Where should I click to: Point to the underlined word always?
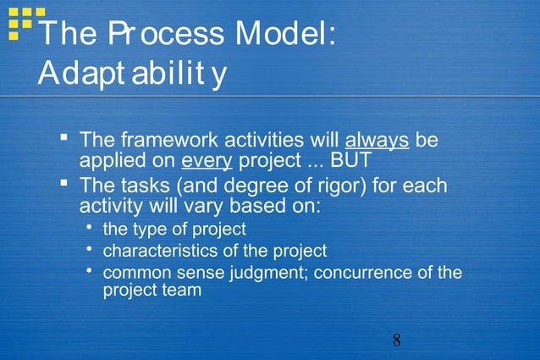click(377, 140)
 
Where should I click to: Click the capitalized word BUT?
click(350, 160)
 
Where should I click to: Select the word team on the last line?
click(182, 290)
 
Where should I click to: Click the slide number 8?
click(396, 341)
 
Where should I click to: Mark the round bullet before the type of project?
click(90, 228)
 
